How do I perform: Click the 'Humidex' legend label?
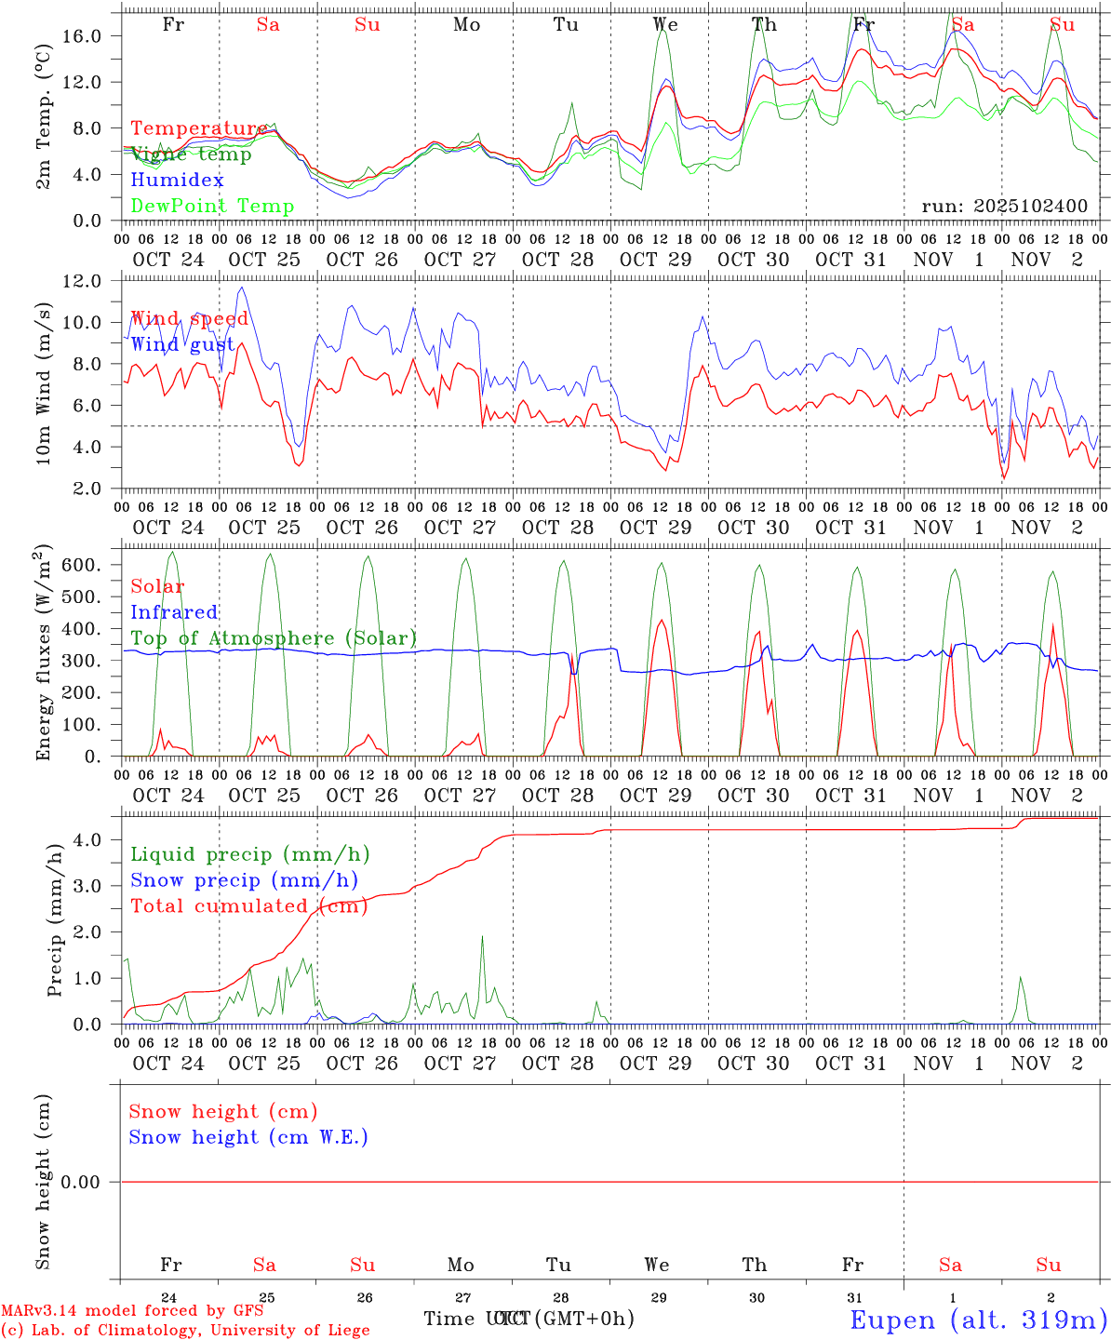177,180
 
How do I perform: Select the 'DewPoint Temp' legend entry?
212,206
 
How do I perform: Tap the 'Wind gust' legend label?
182,344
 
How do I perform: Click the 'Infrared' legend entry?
174,612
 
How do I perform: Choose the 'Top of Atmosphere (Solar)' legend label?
274,638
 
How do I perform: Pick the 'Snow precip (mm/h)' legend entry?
244,880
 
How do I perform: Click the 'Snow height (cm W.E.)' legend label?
248,1137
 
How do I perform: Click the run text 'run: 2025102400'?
1004,206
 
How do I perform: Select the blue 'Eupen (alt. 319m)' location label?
978,1320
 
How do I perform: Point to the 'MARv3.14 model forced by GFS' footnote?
132,1310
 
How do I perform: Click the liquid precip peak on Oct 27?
482,937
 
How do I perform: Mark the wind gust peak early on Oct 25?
243,288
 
